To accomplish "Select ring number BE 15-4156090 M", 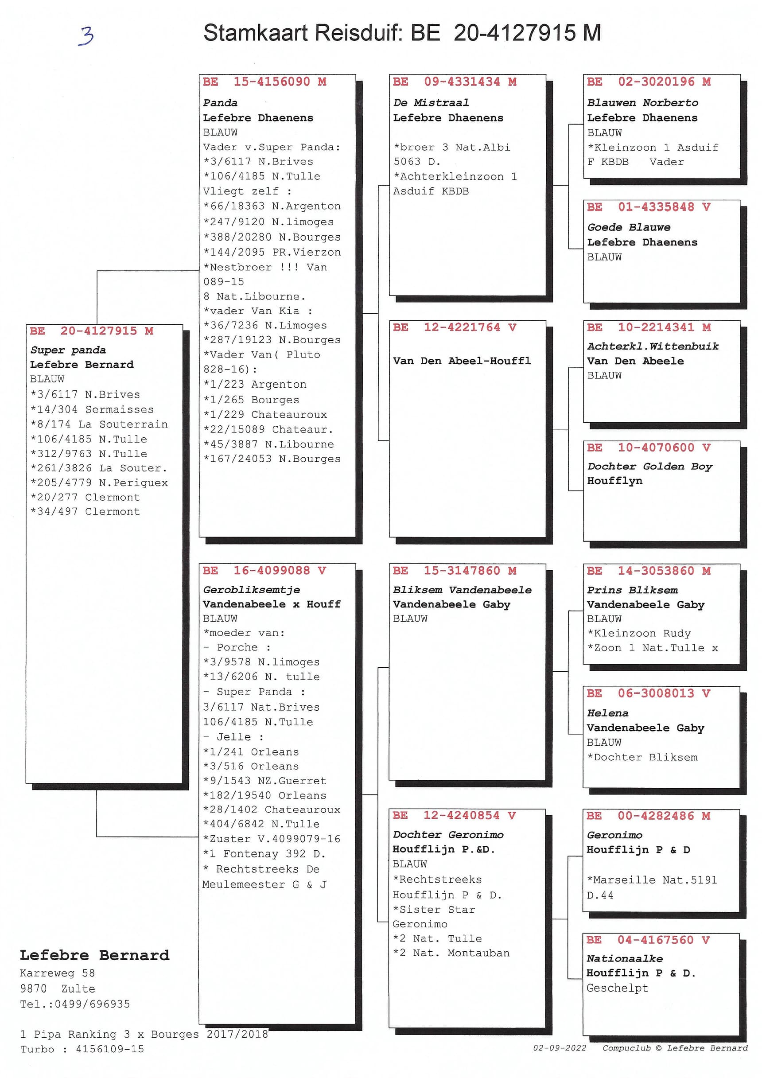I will tap(264, 82).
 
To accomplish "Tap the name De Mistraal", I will tap(431, 102).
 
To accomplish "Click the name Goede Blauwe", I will tap(629, 227).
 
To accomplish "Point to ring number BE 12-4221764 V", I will tap(454, 327).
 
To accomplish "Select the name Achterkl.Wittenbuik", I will tap(653, 346).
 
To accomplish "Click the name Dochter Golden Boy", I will tap(649, 466).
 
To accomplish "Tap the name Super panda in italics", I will tap(68, 350).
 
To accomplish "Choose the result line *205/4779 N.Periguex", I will tap(99, 483).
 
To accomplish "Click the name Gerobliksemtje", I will tap(251, 590).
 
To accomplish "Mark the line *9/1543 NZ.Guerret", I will tap(264, 781).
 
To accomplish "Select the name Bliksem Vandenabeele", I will tap(462, 590).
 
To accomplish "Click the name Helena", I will tap(607, 713).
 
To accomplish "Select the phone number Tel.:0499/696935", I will tap(75, 1004).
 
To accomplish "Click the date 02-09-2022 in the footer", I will tap(559, 1048).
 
